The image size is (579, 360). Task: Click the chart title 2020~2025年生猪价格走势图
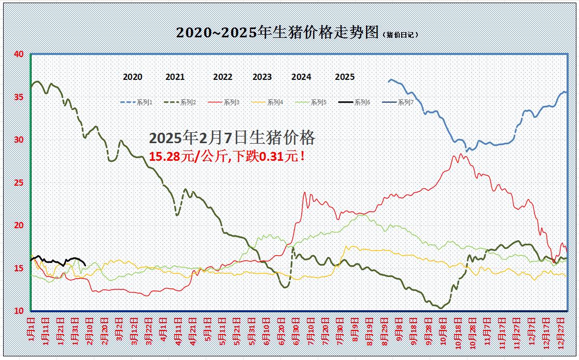277,32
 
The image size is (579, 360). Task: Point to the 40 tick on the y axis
19,54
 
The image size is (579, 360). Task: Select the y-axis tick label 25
19,183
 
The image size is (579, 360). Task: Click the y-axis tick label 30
19,140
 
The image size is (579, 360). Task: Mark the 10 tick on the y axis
19,311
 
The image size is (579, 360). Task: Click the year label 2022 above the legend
223,77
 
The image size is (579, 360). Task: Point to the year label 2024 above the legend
301,77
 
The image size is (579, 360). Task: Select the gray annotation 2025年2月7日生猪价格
232,137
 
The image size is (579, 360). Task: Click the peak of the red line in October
461,154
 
